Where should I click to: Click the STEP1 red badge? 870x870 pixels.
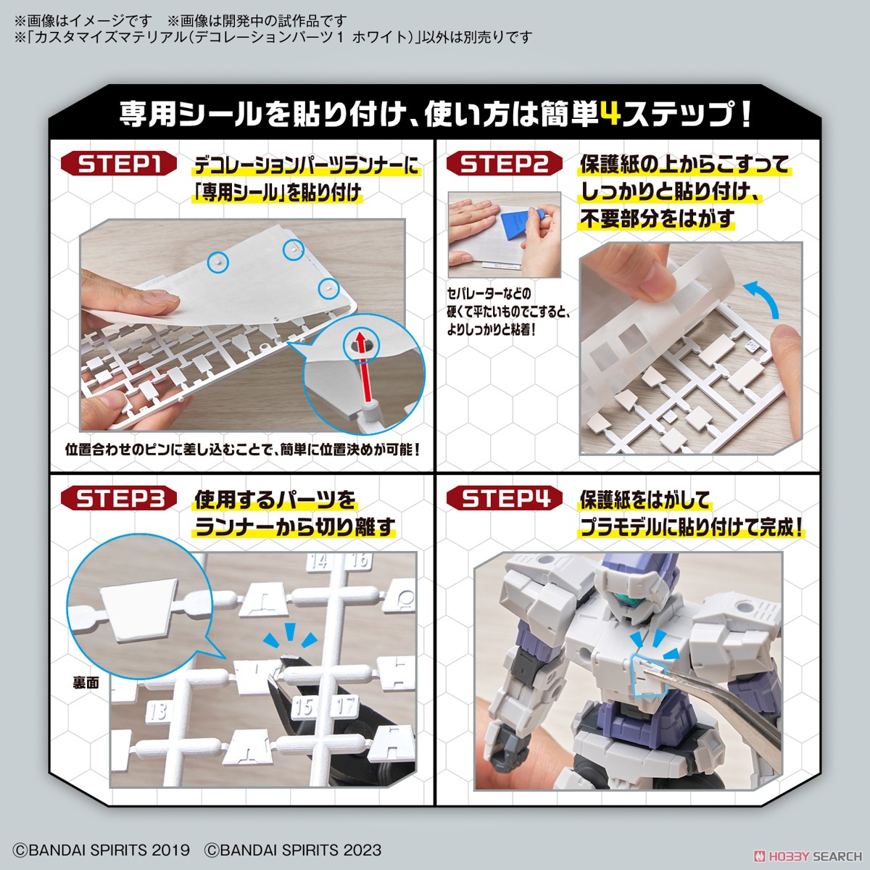[118, 164]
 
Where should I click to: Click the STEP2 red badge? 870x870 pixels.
[504, 164]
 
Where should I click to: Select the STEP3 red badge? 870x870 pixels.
[118, 499]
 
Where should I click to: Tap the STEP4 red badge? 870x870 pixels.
[504, 499]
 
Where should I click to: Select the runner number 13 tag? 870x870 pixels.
[157, 712]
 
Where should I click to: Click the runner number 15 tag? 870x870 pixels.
[303, 705]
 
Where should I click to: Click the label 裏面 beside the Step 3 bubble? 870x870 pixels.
[86, 683]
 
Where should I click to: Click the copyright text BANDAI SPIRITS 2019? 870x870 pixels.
[101, 850]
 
